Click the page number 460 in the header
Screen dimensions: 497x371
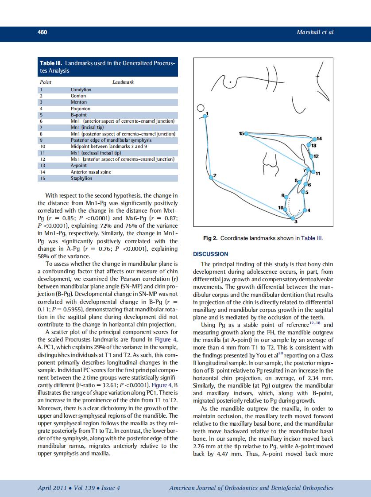point(43,32)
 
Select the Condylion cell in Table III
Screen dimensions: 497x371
point(81,89)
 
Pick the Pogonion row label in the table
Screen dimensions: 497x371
point(81,108)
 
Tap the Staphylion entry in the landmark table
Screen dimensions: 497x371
point(81,178)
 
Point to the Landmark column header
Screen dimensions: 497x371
point(124,82)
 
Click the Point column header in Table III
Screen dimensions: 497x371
point(46,82)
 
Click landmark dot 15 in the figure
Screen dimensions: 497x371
point(247,133)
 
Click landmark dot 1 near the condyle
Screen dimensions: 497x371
point(205,116)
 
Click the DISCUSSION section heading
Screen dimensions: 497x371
point(211,254)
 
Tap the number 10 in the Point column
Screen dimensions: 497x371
point(43,146)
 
